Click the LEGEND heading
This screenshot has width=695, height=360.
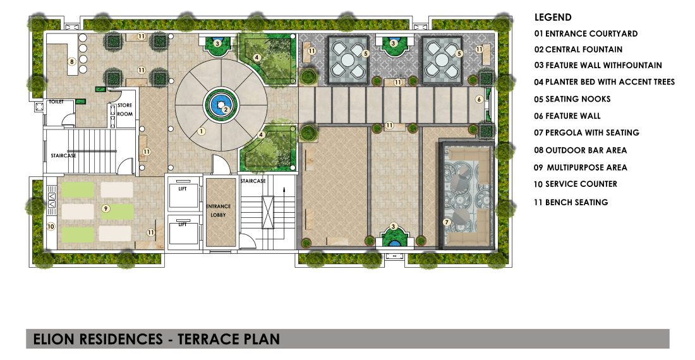click(x=553, y=18)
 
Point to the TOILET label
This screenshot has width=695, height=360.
click(x=57, y=102)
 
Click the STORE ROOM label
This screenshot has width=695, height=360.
click(x=124, y=110)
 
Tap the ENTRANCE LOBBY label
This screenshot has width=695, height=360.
click(x=218, y=210)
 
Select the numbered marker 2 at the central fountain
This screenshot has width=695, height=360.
click(x=225, y=109)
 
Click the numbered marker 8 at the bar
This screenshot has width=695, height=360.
click(x=72, y=61)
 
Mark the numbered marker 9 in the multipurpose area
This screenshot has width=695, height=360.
click(x=106, y=208)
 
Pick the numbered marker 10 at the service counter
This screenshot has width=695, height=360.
click(x=51, y=225)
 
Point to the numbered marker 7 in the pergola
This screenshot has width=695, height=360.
click(x=447, y=222)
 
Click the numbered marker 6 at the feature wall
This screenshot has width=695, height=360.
click(x=480, y=99)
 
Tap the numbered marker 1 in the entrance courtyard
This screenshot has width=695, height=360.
click(x=201, y=131)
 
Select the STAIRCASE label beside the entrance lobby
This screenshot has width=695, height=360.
click(x=253, y=181)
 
